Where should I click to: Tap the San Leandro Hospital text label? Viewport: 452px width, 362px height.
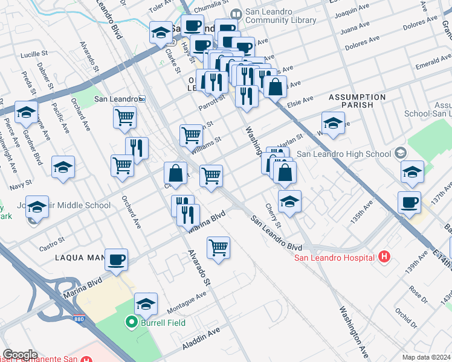click(335, 259)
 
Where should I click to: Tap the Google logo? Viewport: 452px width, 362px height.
click(20, 355)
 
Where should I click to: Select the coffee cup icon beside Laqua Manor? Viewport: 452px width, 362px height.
click(116, 259)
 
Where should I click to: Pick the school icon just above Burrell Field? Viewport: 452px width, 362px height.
click(146, 305)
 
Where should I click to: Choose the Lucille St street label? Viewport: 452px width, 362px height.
click(34, 54)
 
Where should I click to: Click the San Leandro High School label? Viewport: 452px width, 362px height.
click(343, 154)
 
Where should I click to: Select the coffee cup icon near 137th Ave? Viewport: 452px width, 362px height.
click(409, 203)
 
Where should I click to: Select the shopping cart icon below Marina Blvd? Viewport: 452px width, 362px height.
click(218, 247)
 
